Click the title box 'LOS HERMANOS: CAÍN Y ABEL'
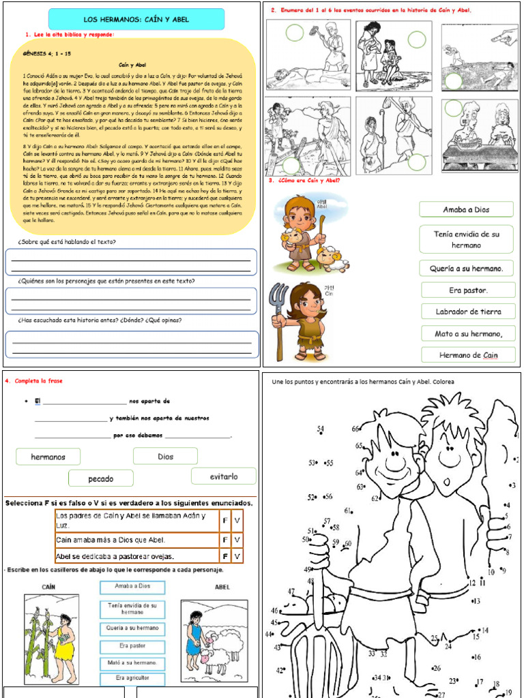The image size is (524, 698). coord(136,20)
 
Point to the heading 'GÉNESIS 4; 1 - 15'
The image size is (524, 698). coord(47,52)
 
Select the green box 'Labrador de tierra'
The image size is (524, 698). coord(468,312)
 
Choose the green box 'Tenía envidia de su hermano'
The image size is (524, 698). coord(467,239)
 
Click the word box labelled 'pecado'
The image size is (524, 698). coord(101,479)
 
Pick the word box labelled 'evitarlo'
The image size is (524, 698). coord(224,476)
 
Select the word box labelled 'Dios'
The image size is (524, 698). coord(165,457)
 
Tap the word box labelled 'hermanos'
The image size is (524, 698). coord(48,457)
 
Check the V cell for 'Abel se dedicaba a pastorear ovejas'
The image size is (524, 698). coord(237,556)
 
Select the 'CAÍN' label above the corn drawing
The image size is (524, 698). coord(48,587)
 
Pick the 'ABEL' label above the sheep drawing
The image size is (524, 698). coord(222,587)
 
